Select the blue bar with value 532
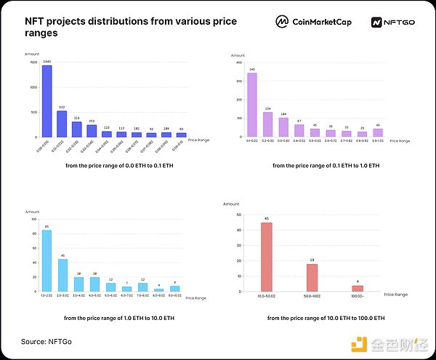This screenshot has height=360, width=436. click(62, 124)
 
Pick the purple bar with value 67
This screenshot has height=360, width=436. click(299, 131)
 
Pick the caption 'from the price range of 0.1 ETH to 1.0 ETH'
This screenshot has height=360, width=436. click(326, 166)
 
